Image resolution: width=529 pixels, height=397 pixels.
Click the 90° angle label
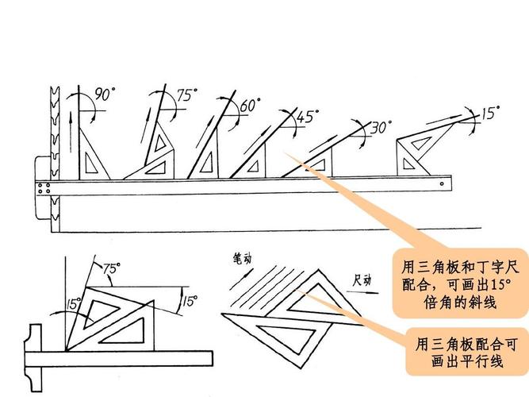pyautogui.click(x=105, y=94)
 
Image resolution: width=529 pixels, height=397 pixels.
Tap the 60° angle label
pyautogui.click(x=250, y=105)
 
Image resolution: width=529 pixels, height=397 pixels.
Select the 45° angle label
pyautogui.click(x=307, y=116)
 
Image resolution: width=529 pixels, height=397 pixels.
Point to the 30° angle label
pyautogui.click(x=381, y=127)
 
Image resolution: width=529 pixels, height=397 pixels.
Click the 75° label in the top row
pyautogui.click(x=187, y=94)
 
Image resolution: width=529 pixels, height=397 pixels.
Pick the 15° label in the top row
pyautogui.click(x=489, y=113)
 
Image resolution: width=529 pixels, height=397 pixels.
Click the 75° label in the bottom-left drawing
pyautogui.click(x=112, y=268)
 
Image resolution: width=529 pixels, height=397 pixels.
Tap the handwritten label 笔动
pyautogui.click(x=242, y=259)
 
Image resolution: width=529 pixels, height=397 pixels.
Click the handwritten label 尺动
pyautogui.click(x=362, y=280)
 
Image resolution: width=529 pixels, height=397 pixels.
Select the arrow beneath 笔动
pyautogui.click(x=241, y=279)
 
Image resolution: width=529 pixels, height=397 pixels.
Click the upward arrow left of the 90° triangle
pyautogui.click(x=71, y=132)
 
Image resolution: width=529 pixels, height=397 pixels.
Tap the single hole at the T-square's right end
pyautogui.click(x=442, y=183)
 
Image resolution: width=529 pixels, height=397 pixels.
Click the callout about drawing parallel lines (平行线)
pyautogui.click(x=467, y=352)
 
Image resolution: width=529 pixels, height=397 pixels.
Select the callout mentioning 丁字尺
pyautogui.click(x=460, y=283)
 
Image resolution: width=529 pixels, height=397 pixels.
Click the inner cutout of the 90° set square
pyautogui.click(x=90, y=164)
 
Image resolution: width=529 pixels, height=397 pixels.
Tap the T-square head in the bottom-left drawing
pyautogui.click(x=33, y=358)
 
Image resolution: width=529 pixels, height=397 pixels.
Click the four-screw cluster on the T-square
pyautogui.click(x=44, y=188)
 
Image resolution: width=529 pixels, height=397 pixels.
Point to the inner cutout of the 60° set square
pyautogui.click(x=206, y=163)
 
